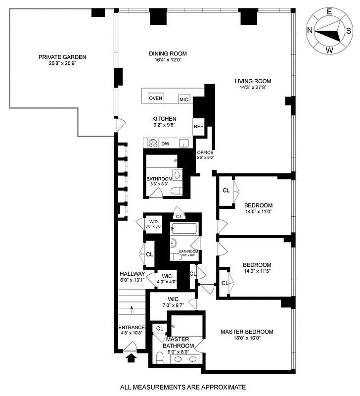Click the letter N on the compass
[x=310, y=31]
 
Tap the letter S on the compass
[x=348, y=31]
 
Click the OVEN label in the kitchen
[x=156, y=98]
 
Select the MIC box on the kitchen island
[x=184, y=99]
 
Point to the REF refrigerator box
[x=198, y=126]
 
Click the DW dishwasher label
[x=165, y=144]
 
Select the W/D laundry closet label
[x=153, y=222]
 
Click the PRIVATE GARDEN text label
[x=56, y=57]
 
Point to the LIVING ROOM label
[x=253, y=81]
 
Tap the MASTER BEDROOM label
[x=247, y=332]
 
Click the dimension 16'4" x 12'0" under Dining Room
[x=168, y=61]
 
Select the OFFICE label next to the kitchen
[x=205, y=152]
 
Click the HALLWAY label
[x=132, y=274]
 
